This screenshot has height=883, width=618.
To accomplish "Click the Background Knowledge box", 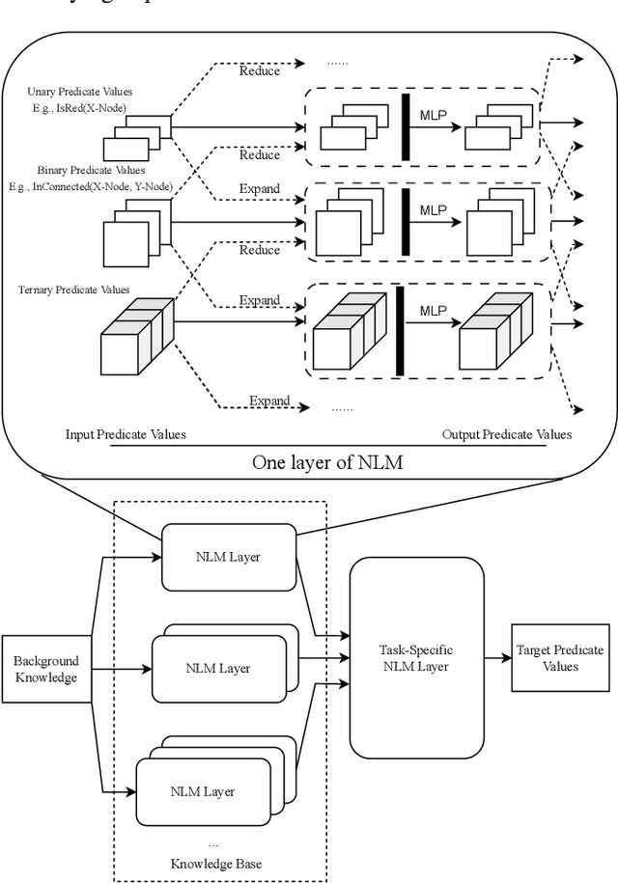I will (46, 670).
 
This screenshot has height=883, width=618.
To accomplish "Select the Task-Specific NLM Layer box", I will (416, 657).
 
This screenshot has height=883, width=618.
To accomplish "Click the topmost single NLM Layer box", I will (227, 557).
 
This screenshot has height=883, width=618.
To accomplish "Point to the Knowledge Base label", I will (223, 862).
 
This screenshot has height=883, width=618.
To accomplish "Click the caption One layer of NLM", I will (327, 462).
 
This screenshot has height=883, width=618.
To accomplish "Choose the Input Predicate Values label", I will (125, 434).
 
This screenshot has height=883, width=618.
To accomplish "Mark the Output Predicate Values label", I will (506, 434).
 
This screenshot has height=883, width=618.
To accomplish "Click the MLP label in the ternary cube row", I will (434, 312).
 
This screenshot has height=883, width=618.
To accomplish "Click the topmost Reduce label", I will (260, 70).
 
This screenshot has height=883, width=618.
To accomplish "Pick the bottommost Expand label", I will (269, 400).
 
